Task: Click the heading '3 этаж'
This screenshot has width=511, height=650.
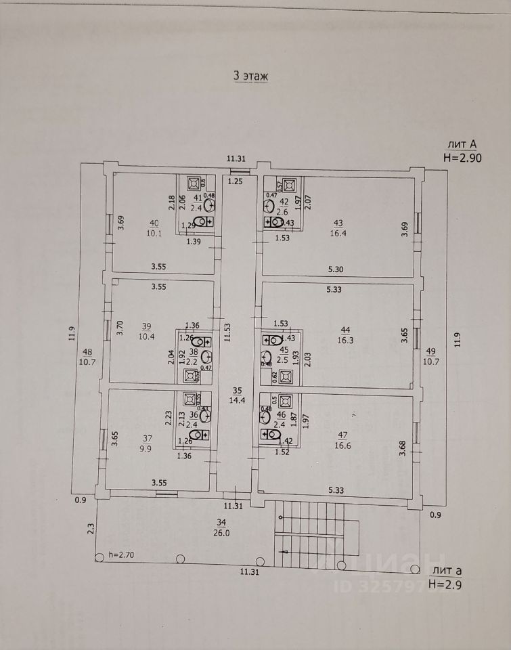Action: point(251,77)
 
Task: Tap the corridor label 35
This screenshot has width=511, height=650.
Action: point(237,390)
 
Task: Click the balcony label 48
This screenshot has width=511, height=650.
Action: point(87,351)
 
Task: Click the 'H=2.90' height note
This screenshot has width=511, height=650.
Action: point(462,156)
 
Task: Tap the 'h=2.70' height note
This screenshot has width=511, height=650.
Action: point(122,555)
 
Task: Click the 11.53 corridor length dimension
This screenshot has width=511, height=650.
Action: point(228,332)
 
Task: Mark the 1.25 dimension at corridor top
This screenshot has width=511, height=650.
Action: point(236,181)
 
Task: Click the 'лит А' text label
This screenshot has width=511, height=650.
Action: point(461,144)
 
